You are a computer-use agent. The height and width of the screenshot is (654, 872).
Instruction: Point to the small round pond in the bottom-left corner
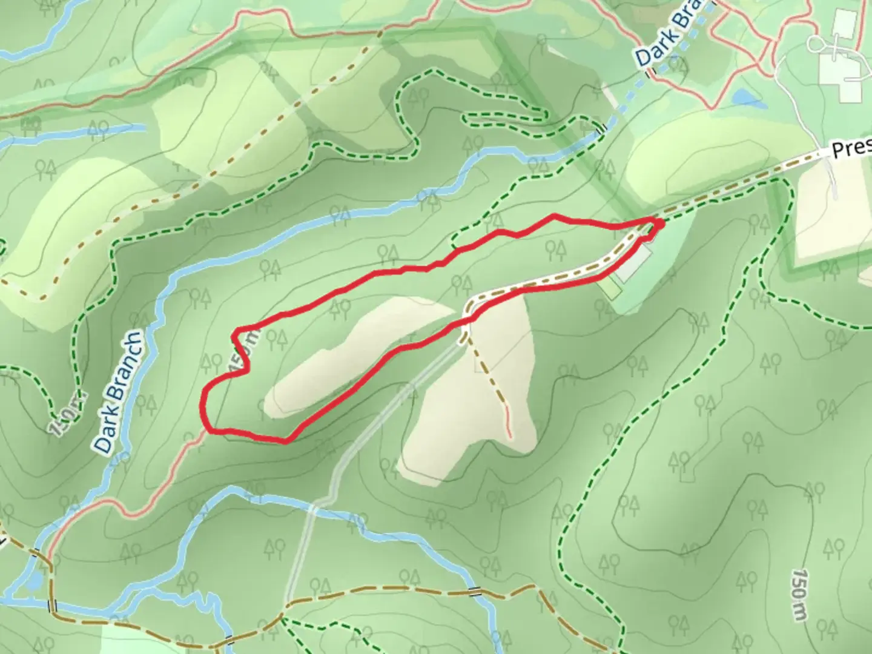(x=33, y=580)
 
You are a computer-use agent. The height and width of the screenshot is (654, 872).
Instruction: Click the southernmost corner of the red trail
(x=285, y=441)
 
